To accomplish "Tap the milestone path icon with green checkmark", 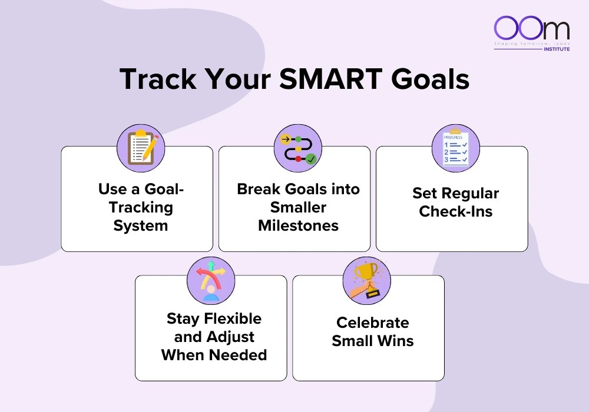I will pos(298,148).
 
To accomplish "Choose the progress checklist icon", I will pos(456,148).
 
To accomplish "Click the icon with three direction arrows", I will pos(211,281).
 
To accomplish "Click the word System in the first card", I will pos(141,226).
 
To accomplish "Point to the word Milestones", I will pos(298,226).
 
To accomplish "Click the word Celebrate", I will pos(372,323).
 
